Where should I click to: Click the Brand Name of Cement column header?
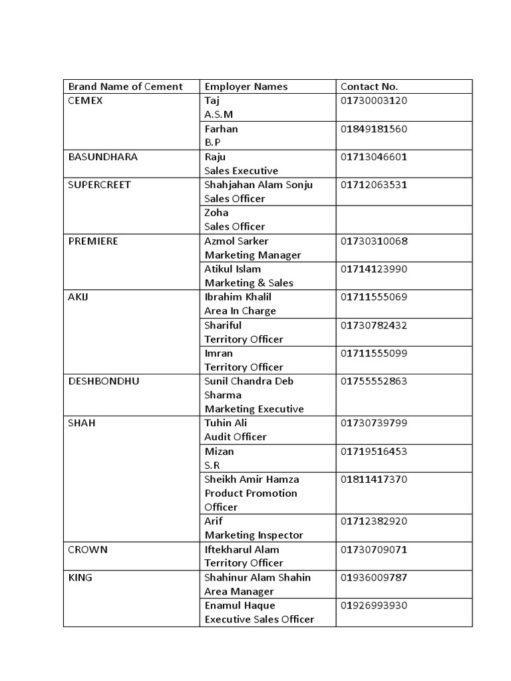pos(125,86)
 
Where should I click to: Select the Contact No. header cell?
pos(369,86)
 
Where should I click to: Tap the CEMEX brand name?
pos(86,100)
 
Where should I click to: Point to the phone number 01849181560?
pos(373,128)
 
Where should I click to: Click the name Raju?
pos(215,157)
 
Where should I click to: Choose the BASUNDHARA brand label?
pos(103,157)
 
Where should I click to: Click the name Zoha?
pos(216,213)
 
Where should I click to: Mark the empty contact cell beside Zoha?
pos(404,219)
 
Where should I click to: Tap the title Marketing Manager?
pos(253,255)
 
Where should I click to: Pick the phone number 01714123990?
pos(373,269)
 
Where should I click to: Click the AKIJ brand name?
pos(79,297)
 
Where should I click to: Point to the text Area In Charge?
pos(240,311)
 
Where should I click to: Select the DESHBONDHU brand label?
pos(104,381)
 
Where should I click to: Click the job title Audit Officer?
pos(236,437)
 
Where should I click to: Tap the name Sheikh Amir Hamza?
pos(252,479)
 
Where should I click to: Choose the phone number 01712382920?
pos(373,521)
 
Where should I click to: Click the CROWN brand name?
pos(88,549)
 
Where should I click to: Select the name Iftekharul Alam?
pos(242,549)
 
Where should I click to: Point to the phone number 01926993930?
pos(373,605)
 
